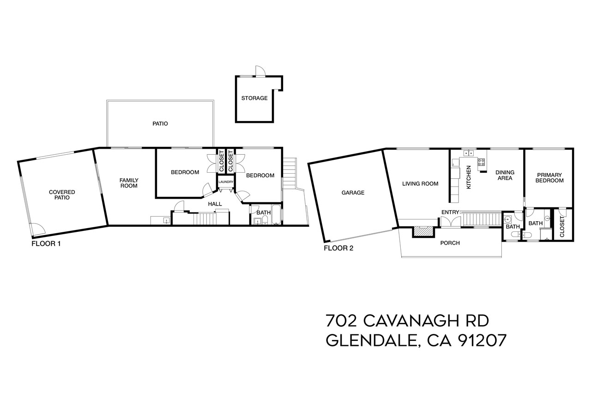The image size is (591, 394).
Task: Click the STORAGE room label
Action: click(x=254, y=98)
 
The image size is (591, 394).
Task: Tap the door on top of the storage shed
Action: click(x=260, y=71)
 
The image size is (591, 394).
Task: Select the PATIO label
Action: click(x=160, y=124)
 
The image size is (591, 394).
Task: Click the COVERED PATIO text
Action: click(x=62, y=194)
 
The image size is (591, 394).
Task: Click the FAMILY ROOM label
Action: click(x=129, y=183)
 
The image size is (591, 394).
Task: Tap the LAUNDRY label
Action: click(x=226, y=182)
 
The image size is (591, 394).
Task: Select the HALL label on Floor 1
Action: click(x=215, y=204)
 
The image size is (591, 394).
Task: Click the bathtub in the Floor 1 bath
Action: click(x=276, y=215)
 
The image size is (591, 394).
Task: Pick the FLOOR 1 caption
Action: click(x=46, y=243)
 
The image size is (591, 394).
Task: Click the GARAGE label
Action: click(x=353, y=193)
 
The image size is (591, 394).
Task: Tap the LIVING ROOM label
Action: click(x=420, y=183)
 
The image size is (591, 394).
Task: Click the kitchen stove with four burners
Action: click(x=481, y=162)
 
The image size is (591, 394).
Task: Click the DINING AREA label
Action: click(x=505, y=176)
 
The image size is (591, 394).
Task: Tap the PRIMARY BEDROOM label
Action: click(x=549, y=178)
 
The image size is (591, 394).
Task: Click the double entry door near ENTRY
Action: click(x=450, y=222)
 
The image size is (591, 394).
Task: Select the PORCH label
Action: click(x=450, y=243)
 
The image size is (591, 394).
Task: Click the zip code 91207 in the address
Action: click(x=482, y=340)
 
